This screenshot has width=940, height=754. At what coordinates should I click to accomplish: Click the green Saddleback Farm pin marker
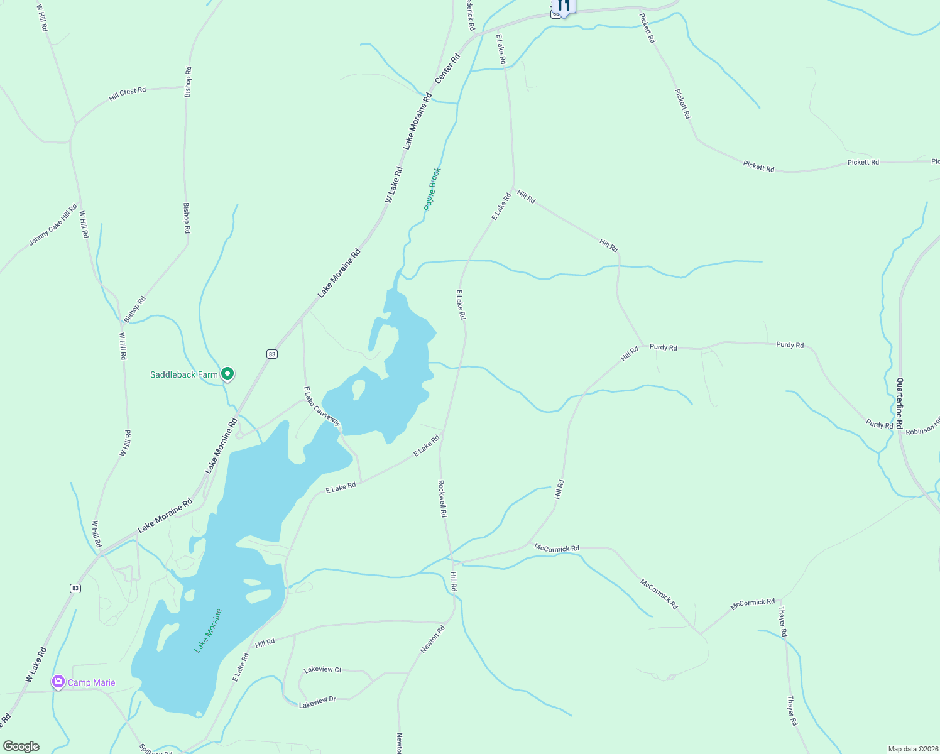click(227, 374)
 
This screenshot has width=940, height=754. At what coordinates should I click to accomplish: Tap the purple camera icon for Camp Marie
click(58, 682)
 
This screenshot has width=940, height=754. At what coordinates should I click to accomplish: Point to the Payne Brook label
click(432, 188)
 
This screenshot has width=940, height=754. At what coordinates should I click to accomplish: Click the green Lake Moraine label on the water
click(209, 630)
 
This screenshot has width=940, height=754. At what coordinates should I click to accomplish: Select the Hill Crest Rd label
click(127, 94)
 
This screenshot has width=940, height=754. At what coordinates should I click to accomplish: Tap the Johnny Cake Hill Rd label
click(53, 225)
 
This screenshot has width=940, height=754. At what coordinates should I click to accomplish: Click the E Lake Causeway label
click(322, 406)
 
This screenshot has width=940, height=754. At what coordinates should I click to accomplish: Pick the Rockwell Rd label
click(442, 499)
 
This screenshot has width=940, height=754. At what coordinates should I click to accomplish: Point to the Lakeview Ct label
click(322, 670)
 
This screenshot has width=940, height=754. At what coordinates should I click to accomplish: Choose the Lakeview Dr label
click(317, 702)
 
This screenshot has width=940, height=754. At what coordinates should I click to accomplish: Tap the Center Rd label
click(448, 68)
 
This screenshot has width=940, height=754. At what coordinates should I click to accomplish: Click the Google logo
click(21, 746)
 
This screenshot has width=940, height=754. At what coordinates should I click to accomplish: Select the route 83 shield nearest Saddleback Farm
click(271, 354)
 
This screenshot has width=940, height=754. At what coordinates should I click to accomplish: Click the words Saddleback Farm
click(183, 374)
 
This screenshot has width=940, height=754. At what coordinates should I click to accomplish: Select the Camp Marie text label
click(91, 683)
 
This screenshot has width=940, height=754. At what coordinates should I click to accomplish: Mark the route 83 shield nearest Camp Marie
click(75, 588)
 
